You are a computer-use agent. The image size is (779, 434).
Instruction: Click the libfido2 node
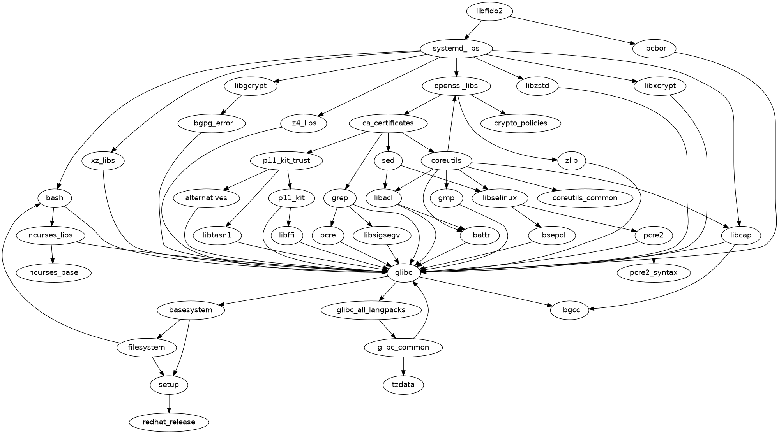[489, 11]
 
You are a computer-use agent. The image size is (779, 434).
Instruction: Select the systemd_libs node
[456, 49]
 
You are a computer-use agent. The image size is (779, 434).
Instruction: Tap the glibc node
[404, 272]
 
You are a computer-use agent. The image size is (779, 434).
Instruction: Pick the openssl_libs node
[456, 86]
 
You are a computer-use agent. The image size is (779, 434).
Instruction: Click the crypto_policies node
[521, 123]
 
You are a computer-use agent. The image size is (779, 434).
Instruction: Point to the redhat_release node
[169, 422]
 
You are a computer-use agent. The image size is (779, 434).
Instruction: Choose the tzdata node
[403, 385]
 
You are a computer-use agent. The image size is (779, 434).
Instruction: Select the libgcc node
[569, 310]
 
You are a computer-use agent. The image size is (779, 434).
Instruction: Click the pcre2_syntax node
[654, 272]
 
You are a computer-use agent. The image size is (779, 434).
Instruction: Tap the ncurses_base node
[53, 272]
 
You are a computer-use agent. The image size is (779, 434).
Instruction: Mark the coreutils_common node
[585, 198]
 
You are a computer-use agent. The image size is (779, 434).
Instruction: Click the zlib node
[571, 160]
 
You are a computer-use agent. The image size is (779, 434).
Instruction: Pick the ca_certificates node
[388, 123]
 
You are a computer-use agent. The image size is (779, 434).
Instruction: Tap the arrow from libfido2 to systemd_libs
[473, 30]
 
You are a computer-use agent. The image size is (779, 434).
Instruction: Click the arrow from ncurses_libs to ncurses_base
[52, 254]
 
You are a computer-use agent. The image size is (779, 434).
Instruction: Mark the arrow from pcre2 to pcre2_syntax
[654, 254]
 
